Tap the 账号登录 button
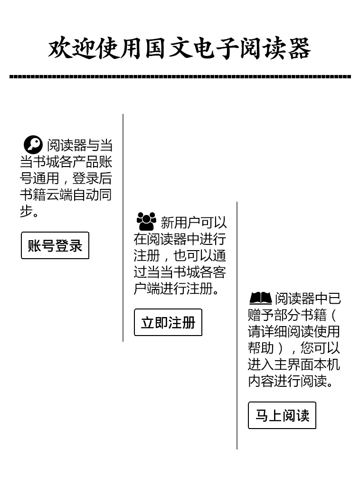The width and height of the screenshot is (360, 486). tap(55, 245)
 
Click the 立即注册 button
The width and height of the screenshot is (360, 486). tap(168, 322)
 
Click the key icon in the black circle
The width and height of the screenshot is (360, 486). tap(33, 145)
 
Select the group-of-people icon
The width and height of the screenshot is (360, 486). tap(146, 221)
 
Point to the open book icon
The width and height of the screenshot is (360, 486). tap(260, 298)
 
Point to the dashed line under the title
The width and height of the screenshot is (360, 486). tap(180, 76)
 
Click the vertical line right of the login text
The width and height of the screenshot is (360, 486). tap(123, 228)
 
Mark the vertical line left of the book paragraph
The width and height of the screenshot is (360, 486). tap(237, 326)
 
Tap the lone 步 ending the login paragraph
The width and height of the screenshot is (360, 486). tap(26, 211)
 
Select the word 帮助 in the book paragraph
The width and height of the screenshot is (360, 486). tap(261, 348)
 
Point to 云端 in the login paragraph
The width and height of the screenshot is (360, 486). tap(59, 195)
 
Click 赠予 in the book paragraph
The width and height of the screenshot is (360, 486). tap(261, 315)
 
